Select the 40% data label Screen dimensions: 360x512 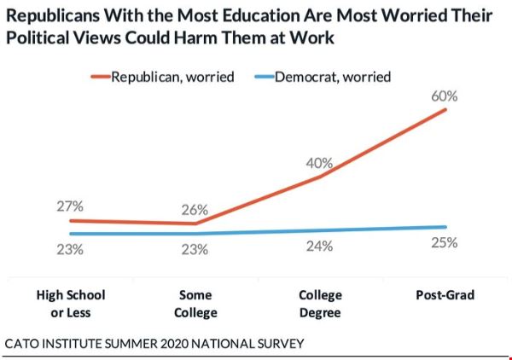(x=321, y=163)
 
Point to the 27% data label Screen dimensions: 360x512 (x=70, y=206)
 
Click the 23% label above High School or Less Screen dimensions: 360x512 (x=70, y=250)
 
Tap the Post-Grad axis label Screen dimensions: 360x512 (x=444, y=295)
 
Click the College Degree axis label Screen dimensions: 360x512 (x=320, y=304)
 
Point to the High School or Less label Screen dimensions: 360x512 (x=71, y=304)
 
